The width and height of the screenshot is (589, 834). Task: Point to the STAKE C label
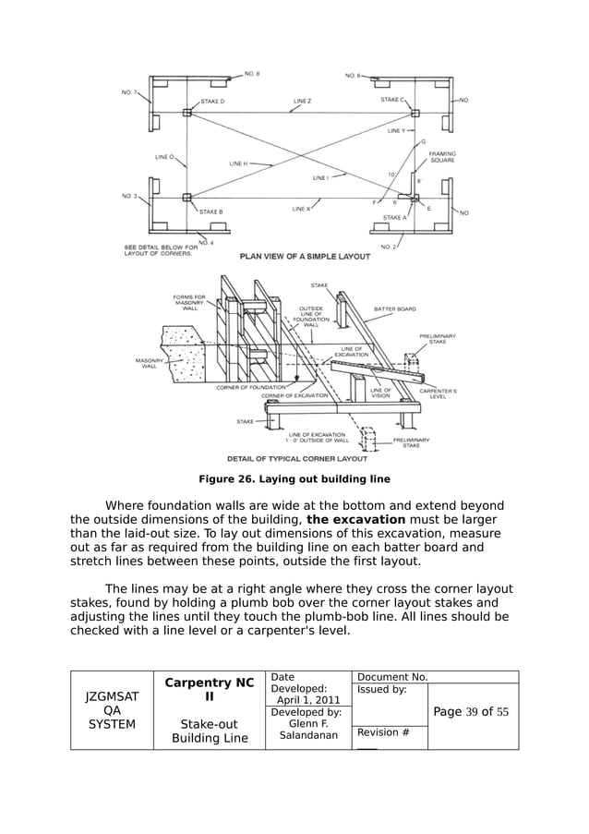coord(391,99)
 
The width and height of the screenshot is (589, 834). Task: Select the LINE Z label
coord(303,101)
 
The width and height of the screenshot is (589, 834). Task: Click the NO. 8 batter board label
coord(252,73)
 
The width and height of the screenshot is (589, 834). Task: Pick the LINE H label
coord(238,163)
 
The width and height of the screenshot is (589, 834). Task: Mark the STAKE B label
coord(211,212)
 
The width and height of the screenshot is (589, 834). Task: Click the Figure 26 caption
coord(294,479)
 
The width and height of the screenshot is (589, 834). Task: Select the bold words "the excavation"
coord(355,520)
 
